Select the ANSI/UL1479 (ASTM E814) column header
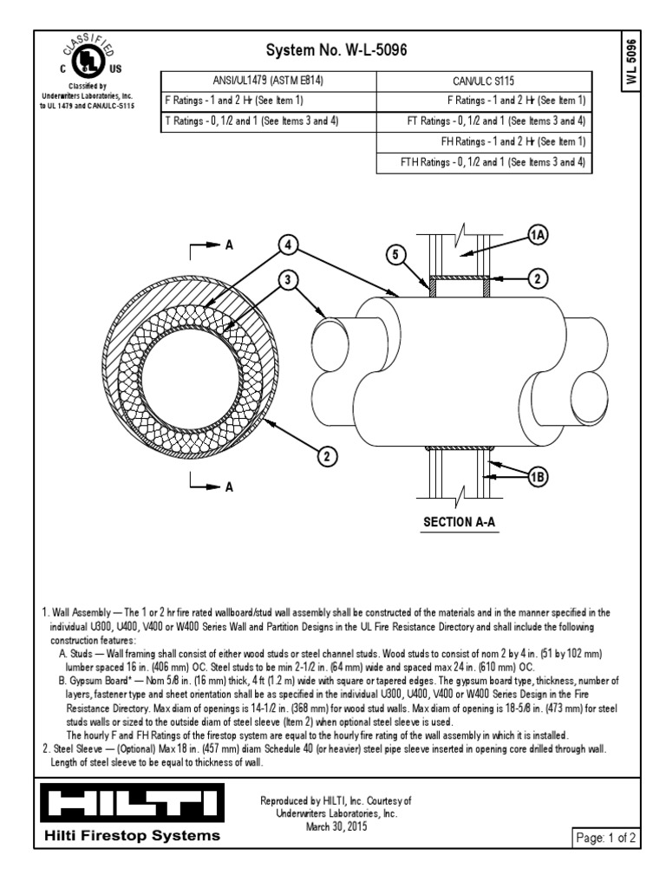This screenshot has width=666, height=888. [268, 82]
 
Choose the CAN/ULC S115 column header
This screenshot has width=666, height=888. [484, 82]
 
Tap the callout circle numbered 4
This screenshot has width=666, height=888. [287, 244]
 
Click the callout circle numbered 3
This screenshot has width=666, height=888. [287, 280]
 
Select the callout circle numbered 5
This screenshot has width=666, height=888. [395, 255]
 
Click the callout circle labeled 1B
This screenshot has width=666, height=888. [538, 476]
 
